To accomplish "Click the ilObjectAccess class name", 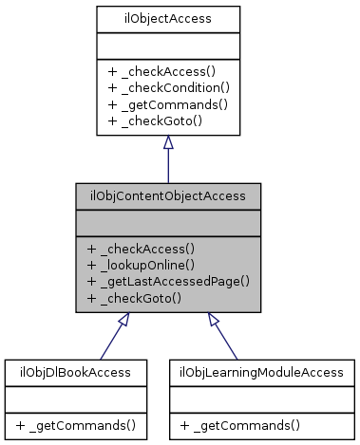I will pos(167,17).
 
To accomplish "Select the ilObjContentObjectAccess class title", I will pos(168,196).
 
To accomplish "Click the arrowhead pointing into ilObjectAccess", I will pos(168,141).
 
